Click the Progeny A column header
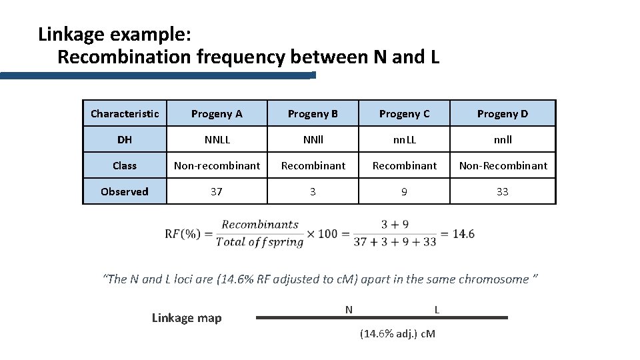[x=217, y=113]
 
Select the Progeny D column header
[x=502, y=113]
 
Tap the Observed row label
[x=125, y=191]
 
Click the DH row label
[x=125, y=139]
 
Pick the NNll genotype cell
[x=313, y=139]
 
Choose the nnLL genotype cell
[x=404, y=139]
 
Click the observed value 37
[x=217, y=191]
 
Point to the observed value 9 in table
[x=404, y=191]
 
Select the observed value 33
[x=502, y=191]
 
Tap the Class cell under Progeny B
[x=313, y=165]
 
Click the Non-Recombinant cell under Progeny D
[x=502, y=165]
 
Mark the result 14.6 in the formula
[x=463, y=233]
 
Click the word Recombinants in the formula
[x=260, y=225]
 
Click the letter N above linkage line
[x=349, y=309]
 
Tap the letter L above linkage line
[x=437, y=309]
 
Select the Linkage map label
[x=187, y=318]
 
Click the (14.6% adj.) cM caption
[x=397, y=333]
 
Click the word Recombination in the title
[x=125, y=57]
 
